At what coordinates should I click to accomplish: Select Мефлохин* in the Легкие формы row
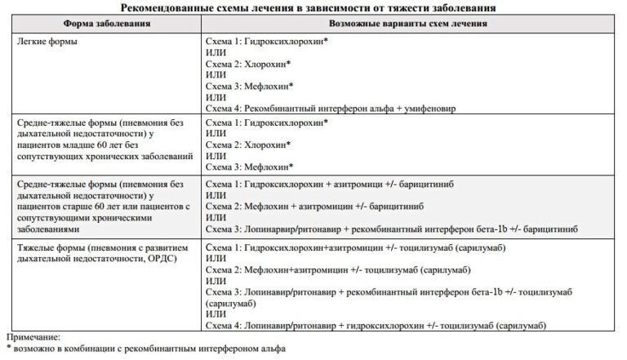[x=269, y=85]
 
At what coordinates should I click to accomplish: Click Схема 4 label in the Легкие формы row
[x=225, y=108]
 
